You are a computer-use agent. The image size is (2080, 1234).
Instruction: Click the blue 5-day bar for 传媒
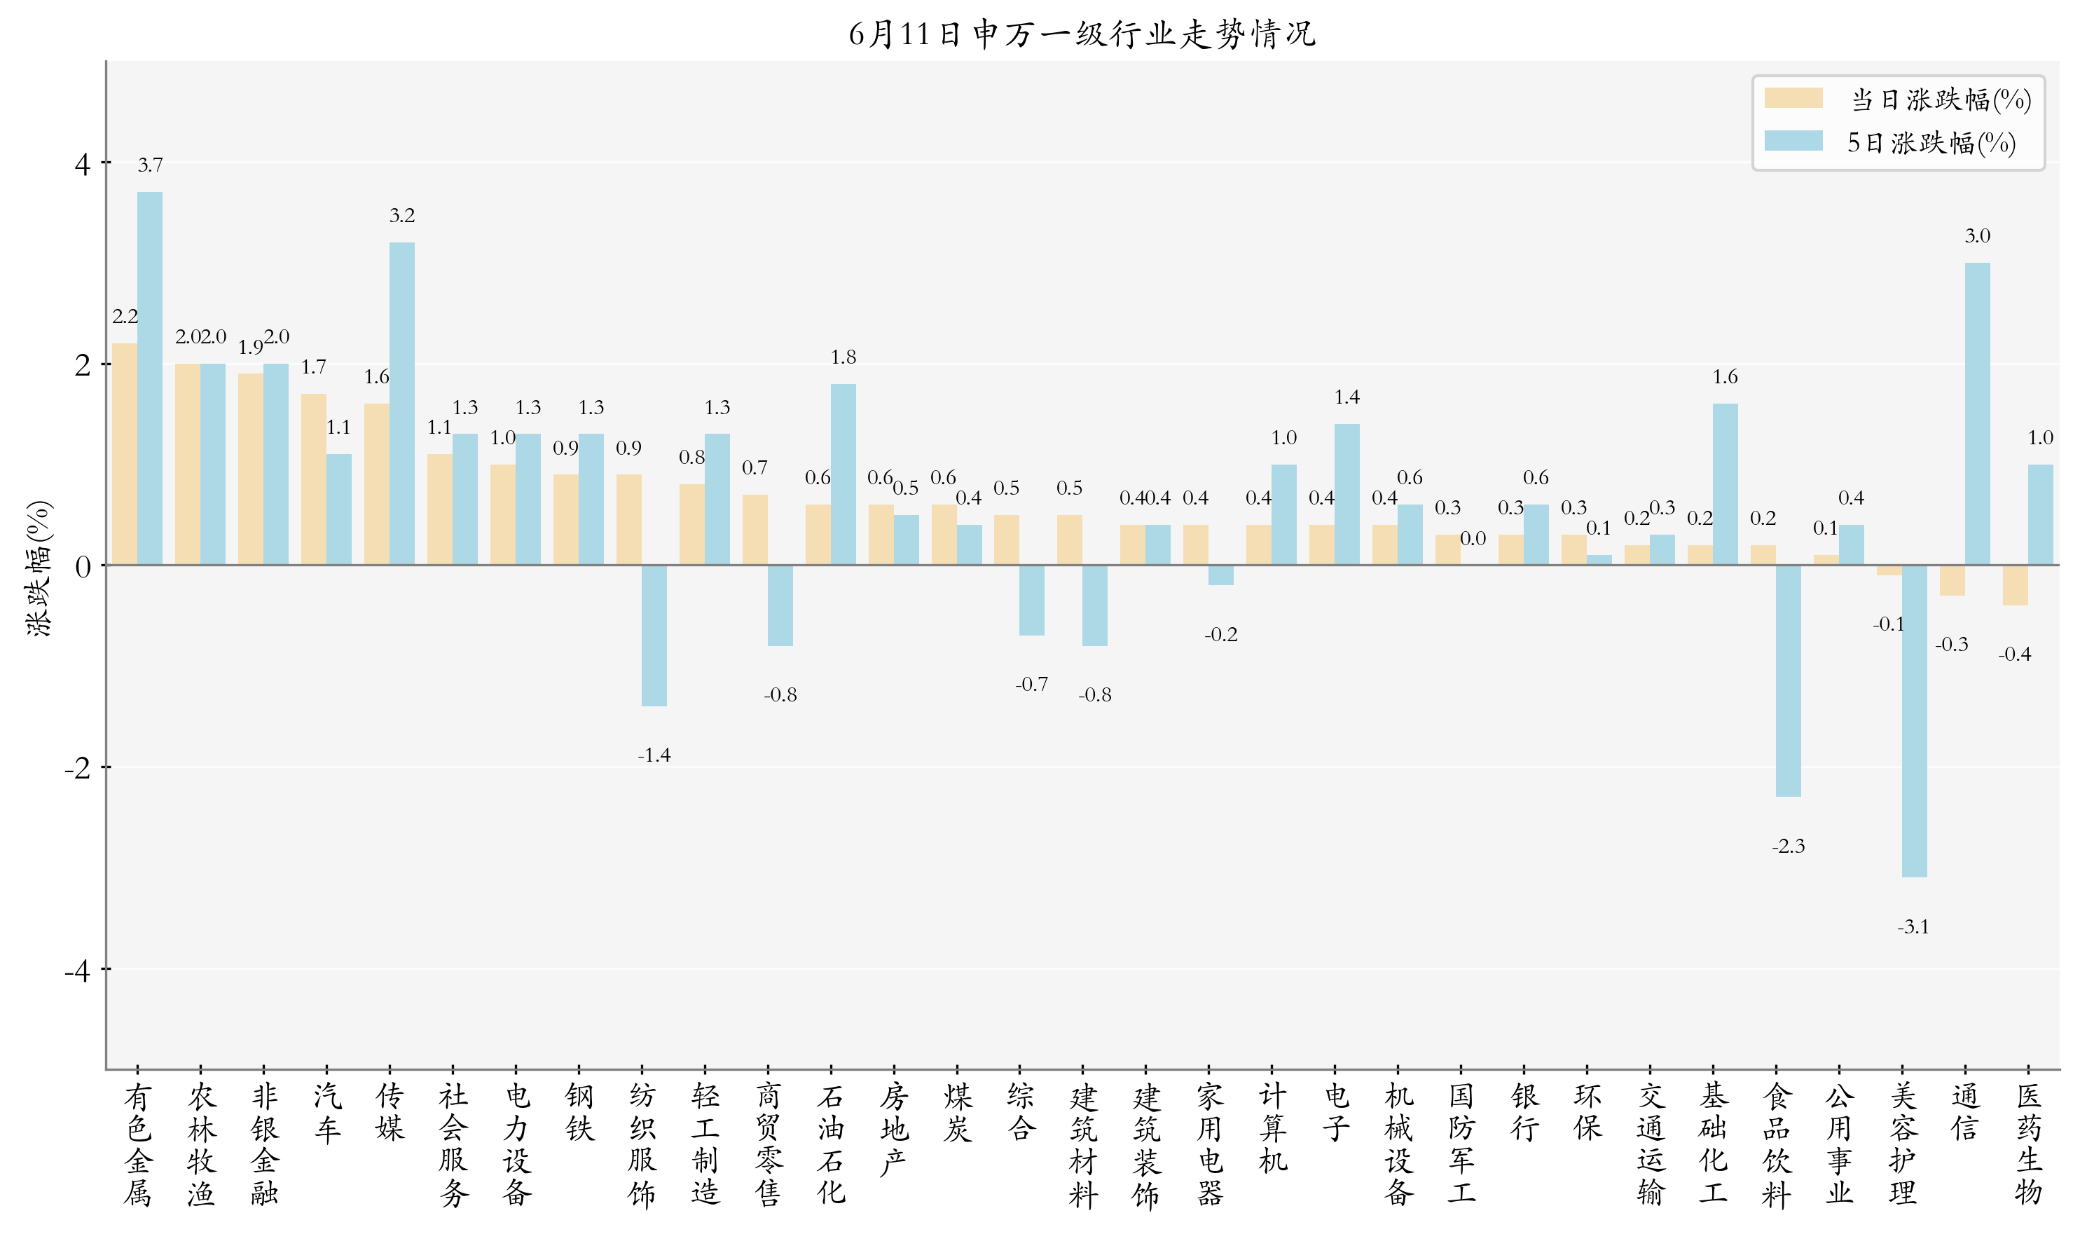[401, 404]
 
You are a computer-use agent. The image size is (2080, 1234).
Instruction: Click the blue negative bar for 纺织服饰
[654, 636]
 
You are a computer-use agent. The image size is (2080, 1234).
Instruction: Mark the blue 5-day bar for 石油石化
[843, 474]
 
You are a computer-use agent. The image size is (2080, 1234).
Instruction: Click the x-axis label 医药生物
[2028, 1144]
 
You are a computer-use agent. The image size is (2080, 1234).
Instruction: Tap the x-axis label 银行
[1524, 1112]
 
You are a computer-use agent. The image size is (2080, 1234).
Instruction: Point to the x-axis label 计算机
[1272, 1127]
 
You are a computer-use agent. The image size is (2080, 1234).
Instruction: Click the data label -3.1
[1913, 926]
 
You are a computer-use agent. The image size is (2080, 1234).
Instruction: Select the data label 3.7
[150, 165]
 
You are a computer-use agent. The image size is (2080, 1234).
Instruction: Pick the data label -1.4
[654, 755]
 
